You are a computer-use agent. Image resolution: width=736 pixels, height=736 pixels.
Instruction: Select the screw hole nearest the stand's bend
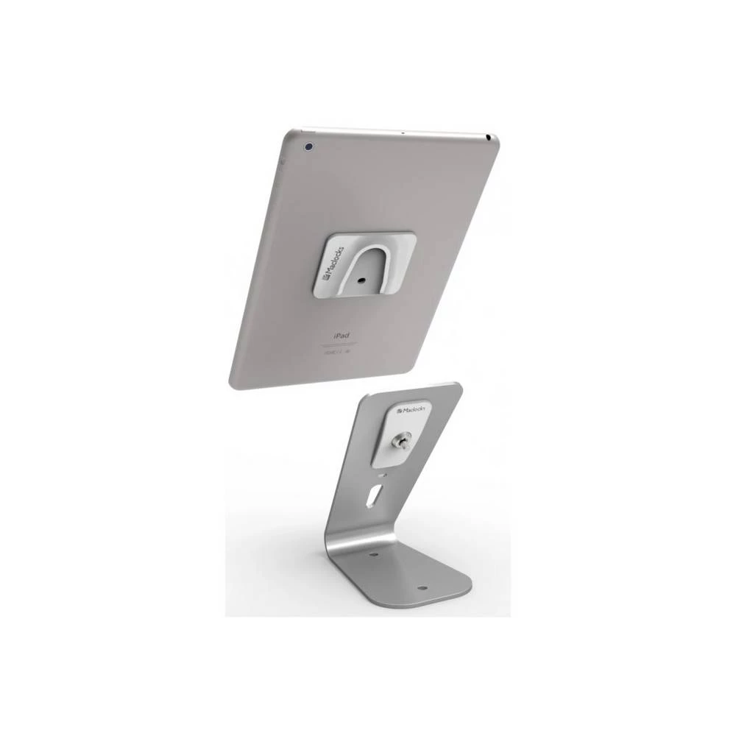(x=373, y=553)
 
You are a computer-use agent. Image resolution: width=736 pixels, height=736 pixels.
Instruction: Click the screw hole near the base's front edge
(x=425, y=587)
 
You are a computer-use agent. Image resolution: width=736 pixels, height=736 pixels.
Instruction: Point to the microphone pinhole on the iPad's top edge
(x=402, y=133)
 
